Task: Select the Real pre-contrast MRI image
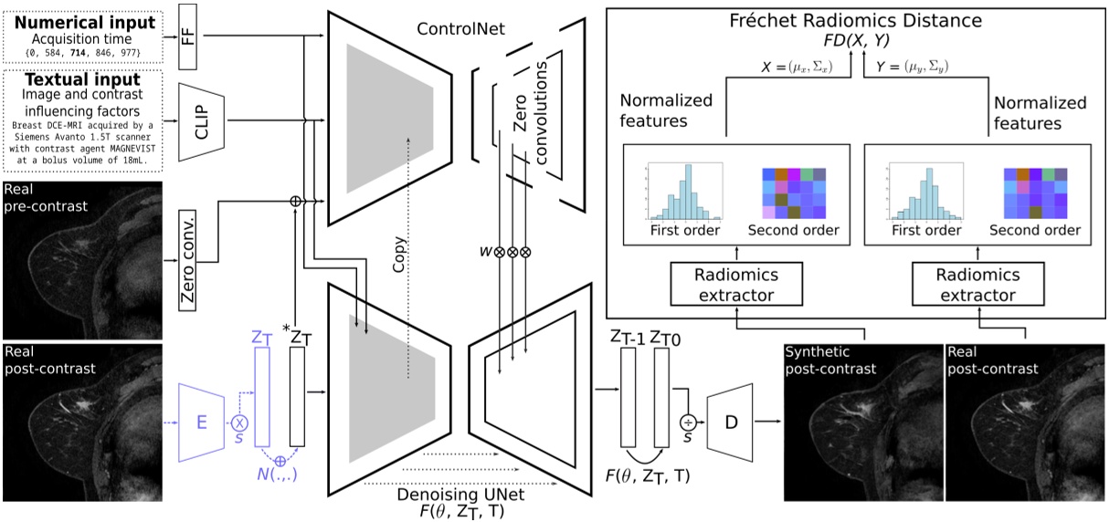tap(82, 260)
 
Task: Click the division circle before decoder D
tap(688, 422)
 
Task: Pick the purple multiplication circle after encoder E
tap(242, 422)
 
